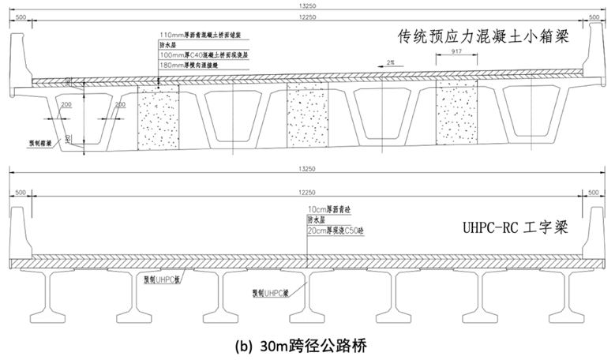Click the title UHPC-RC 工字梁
click(x=517, y=228)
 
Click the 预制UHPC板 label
click(x=167, y=279)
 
